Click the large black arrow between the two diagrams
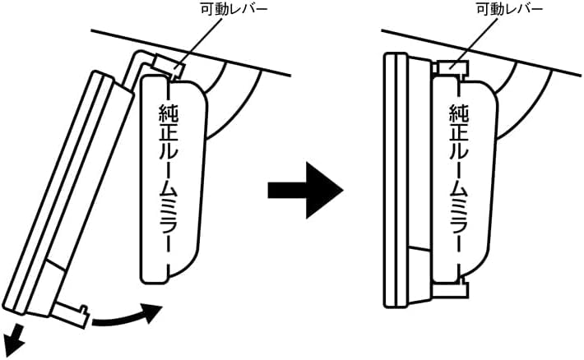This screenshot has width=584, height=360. (x=306, y=190)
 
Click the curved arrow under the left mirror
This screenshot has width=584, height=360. (x=123, y=316)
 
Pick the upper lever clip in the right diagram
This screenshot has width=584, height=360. (x=453, y=67)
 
